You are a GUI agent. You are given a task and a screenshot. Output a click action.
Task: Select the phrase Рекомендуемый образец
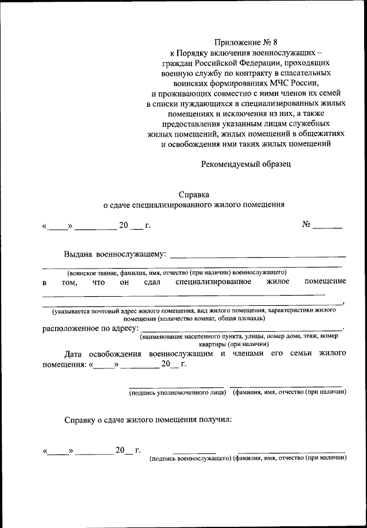tap(246, 164)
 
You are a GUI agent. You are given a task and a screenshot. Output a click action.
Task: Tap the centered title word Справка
tap(193, 194)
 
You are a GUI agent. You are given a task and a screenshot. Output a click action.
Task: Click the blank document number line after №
tap(327, 228)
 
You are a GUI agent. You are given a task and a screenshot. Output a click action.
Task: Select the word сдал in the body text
tap(151, 282)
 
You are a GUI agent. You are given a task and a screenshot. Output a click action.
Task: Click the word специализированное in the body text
tap(213, 282)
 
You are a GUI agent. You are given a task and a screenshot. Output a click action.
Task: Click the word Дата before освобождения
tap(75, 354)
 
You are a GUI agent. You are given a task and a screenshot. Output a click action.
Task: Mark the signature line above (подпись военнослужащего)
tap(194, 452)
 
